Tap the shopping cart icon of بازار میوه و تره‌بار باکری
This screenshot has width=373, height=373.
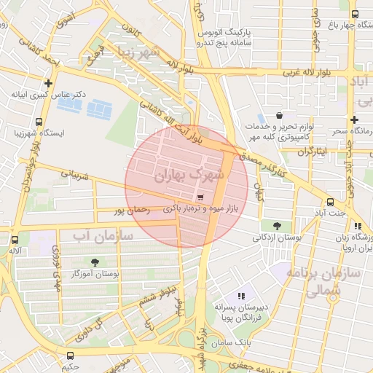200,197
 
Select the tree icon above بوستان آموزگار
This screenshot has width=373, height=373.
95,262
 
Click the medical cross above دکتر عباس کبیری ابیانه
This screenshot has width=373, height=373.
49,83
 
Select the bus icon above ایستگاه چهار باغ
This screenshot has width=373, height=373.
355,14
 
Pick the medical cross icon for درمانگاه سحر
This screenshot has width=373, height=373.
355,119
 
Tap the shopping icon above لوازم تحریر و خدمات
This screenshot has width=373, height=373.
280,115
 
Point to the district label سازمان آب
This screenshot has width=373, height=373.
103,235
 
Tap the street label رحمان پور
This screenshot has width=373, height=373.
132,210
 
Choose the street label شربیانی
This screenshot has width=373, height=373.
74,175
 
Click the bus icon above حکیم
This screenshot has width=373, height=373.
70,356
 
